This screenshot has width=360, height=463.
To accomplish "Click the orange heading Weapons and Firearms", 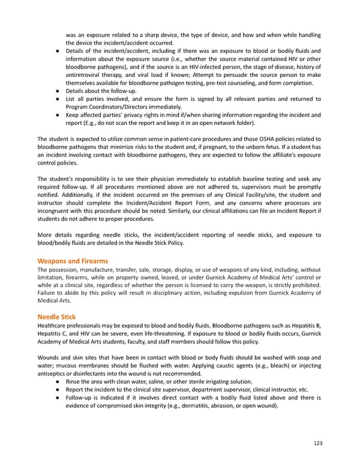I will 73,261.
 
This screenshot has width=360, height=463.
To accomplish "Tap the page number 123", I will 318,444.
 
